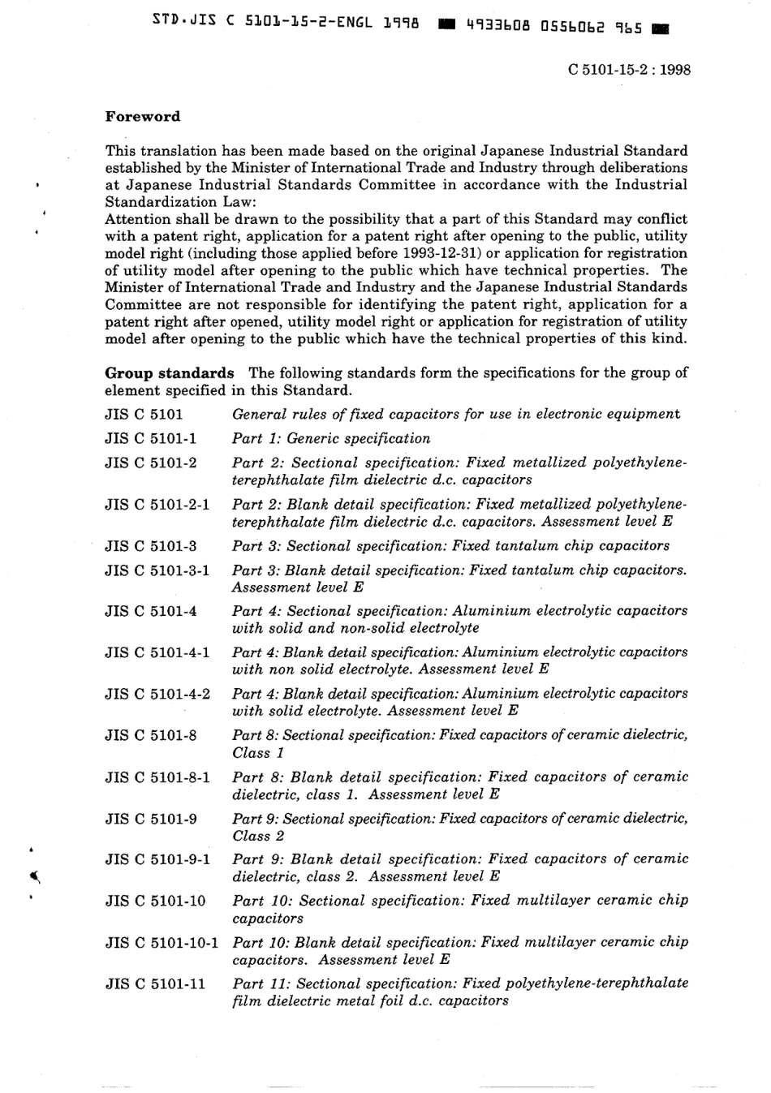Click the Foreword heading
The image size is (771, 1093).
click(143, 116)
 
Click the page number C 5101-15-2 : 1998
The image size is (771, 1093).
click(629, 70)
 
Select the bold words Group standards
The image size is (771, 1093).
click(170, 373)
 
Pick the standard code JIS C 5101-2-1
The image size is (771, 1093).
click(157, 505)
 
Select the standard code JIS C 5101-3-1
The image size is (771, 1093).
click(157, 570)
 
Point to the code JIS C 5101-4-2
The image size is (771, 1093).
click(157, 694)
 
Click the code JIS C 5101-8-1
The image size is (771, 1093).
click(157, 777)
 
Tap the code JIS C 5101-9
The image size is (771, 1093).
click(151, 819)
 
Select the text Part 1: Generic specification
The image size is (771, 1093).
click(331, 439)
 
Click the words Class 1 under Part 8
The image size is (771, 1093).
click(252, 753)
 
